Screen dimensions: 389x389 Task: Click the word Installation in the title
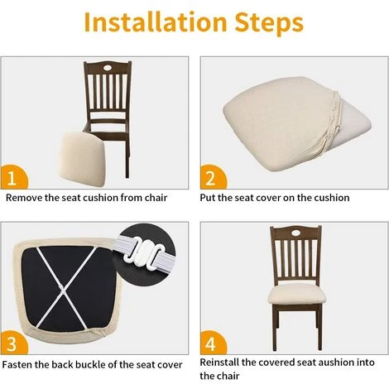click(156, 22)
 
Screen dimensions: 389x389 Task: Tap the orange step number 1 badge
click(13, 177)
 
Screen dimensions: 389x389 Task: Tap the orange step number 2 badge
click(213, 177)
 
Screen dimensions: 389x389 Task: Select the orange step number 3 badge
click(13, 343)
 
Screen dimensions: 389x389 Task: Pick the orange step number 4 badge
click(213, 343)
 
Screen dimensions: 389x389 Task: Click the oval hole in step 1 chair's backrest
click(108, 67)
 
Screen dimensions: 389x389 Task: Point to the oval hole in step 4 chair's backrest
click(295, 233)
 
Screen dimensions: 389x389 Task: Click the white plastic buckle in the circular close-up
click(144, 252)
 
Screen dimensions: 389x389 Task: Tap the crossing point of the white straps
click(62, 289)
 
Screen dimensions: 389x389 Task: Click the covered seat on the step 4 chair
click(296, 295)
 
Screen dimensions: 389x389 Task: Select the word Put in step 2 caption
click(208, 198)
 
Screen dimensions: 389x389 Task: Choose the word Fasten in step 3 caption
click(17, 365)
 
